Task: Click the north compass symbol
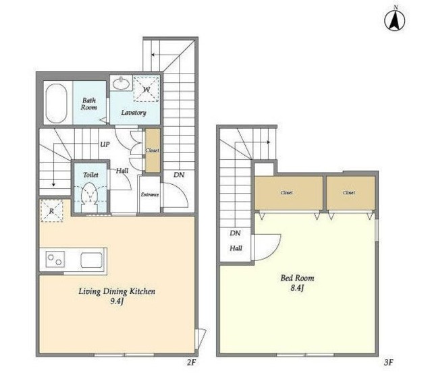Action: pos(394,20)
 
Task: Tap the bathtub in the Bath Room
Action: pos(56,103)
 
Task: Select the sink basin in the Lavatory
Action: pos(121,83)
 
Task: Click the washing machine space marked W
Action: pos(146,89)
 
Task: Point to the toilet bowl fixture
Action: pos(90,194)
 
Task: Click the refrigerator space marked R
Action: pos(52,211)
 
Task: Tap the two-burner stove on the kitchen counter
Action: pos(55,259)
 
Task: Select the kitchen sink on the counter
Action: pos(92,260)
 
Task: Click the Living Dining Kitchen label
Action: pos(117,291)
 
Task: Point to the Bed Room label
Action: pos(297,278)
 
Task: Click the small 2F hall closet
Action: pos(153,150)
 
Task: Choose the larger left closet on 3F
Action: pos(288,193)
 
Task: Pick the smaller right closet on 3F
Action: pos(351,193)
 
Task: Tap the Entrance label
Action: pos(150,195)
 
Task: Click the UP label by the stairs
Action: pos(105,144)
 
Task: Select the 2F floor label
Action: pos(191,362)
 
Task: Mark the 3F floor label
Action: pos(388,362)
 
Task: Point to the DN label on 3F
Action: pos(235,233)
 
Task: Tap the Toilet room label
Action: pos(90,175)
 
